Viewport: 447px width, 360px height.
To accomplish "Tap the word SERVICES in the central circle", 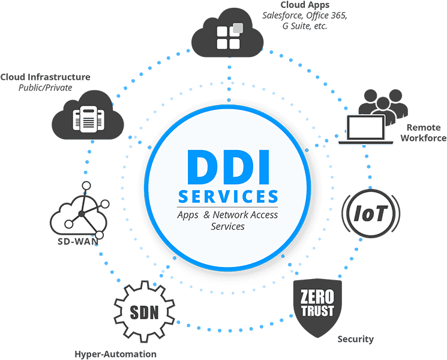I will [228, 197].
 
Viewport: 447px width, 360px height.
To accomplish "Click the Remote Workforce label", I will [424, 133].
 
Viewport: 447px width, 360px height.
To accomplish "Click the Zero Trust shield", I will [313, 302].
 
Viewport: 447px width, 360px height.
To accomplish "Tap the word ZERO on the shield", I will [313, 296].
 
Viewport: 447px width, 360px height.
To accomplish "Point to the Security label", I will [356, 340].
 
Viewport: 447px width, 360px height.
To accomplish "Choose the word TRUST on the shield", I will [313, 311].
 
